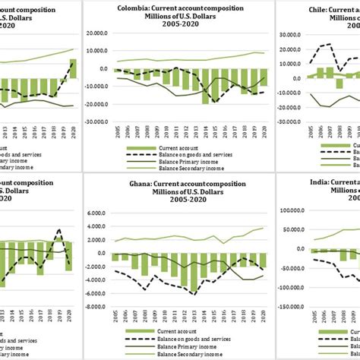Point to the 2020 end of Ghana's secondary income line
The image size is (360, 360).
pyautogui.click(x=263, y=228)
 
